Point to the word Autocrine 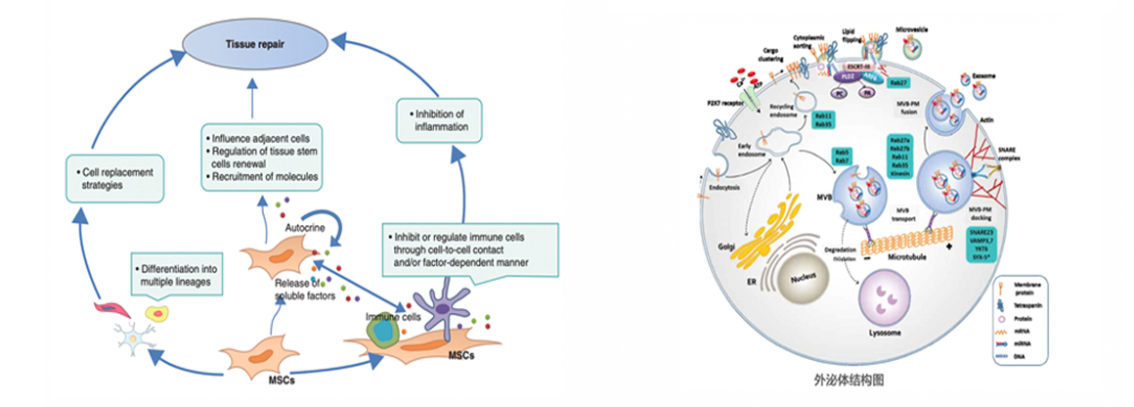[306, 224]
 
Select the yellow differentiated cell [154, 314]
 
